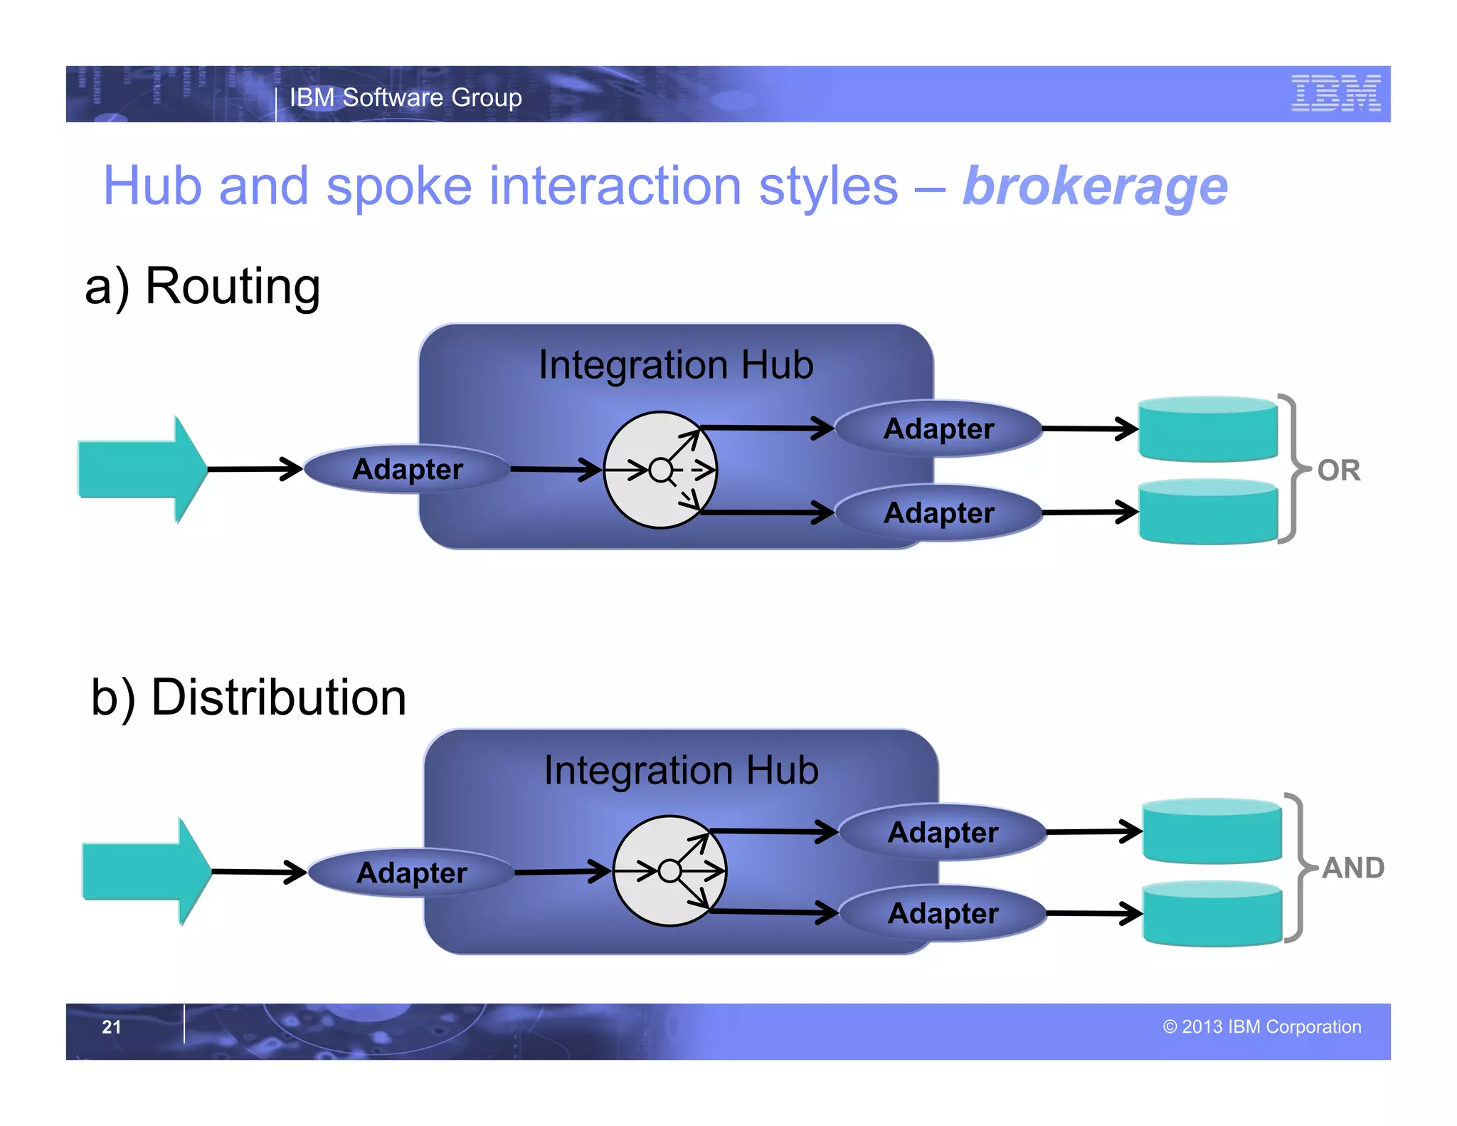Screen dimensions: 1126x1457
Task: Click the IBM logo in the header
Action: coord(1335,93)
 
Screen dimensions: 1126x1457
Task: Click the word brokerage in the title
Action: coord(1095,187)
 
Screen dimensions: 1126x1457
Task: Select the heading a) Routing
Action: coord(203,286)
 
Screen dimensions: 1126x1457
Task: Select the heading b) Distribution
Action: coord(249,698)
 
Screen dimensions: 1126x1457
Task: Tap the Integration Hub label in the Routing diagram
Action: coord(676,365)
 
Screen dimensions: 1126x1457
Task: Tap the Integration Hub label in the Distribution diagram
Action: coord(681,771)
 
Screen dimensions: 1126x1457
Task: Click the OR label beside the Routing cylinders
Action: coord(1338,470)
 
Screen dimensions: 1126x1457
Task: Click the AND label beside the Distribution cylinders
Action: coord(1352,868)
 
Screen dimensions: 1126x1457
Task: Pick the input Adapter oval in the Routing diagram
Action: coord(408,470)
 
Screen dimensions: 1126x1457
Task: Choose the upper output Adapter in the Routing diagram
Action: coord(938,429)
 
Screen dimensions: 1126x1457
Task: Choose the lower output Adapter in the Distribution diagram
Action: coord(943,914)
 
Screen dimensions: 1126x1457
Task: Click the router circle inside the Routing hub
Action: coord(660,470)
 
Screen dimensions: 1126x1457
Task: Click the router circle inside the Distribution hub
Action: coord(669,870)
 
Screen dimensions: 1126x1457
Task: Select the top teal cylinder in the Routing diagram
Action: coord(1208,429)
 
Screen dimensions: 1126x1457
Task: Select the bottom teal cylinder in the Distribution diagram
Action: coord(1212,915)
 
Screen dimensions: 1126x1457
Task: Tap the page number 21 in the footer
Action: coord(112,1027)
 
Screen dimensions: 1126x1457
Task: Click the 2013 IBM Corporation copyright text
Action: coord(1262,1027)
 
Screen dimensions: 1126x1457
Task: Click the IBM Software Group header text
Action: coord(406,98)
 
